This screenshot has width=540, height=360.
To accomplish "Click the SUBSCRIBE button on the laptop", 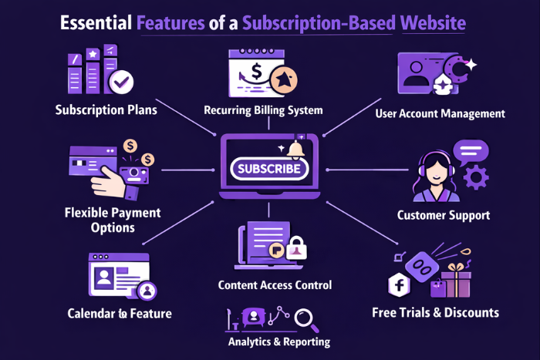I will (269, 169).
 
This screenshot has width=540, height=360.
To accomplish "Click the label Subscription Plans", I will (106, 109).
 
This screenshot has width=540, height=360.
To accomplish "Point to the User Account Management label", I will (440, 113).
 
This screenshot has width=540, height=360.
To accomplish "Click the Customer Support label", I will (443, 215).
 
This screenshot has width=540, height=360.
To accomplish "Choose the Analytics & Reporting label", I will (278, 341).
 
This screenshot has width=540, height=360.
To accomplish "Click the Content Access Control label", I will (274, 285).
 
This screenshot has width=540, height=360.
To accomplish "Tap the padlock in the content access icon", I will (297, 248).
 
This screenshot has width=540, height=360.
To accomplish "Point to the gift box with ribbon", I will (455, 280).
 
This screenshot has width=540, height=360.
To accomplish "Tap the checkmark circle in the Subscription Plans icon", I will (120, 80).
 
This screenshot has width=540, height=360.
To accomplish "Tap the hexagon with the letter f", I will (400, 285).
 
